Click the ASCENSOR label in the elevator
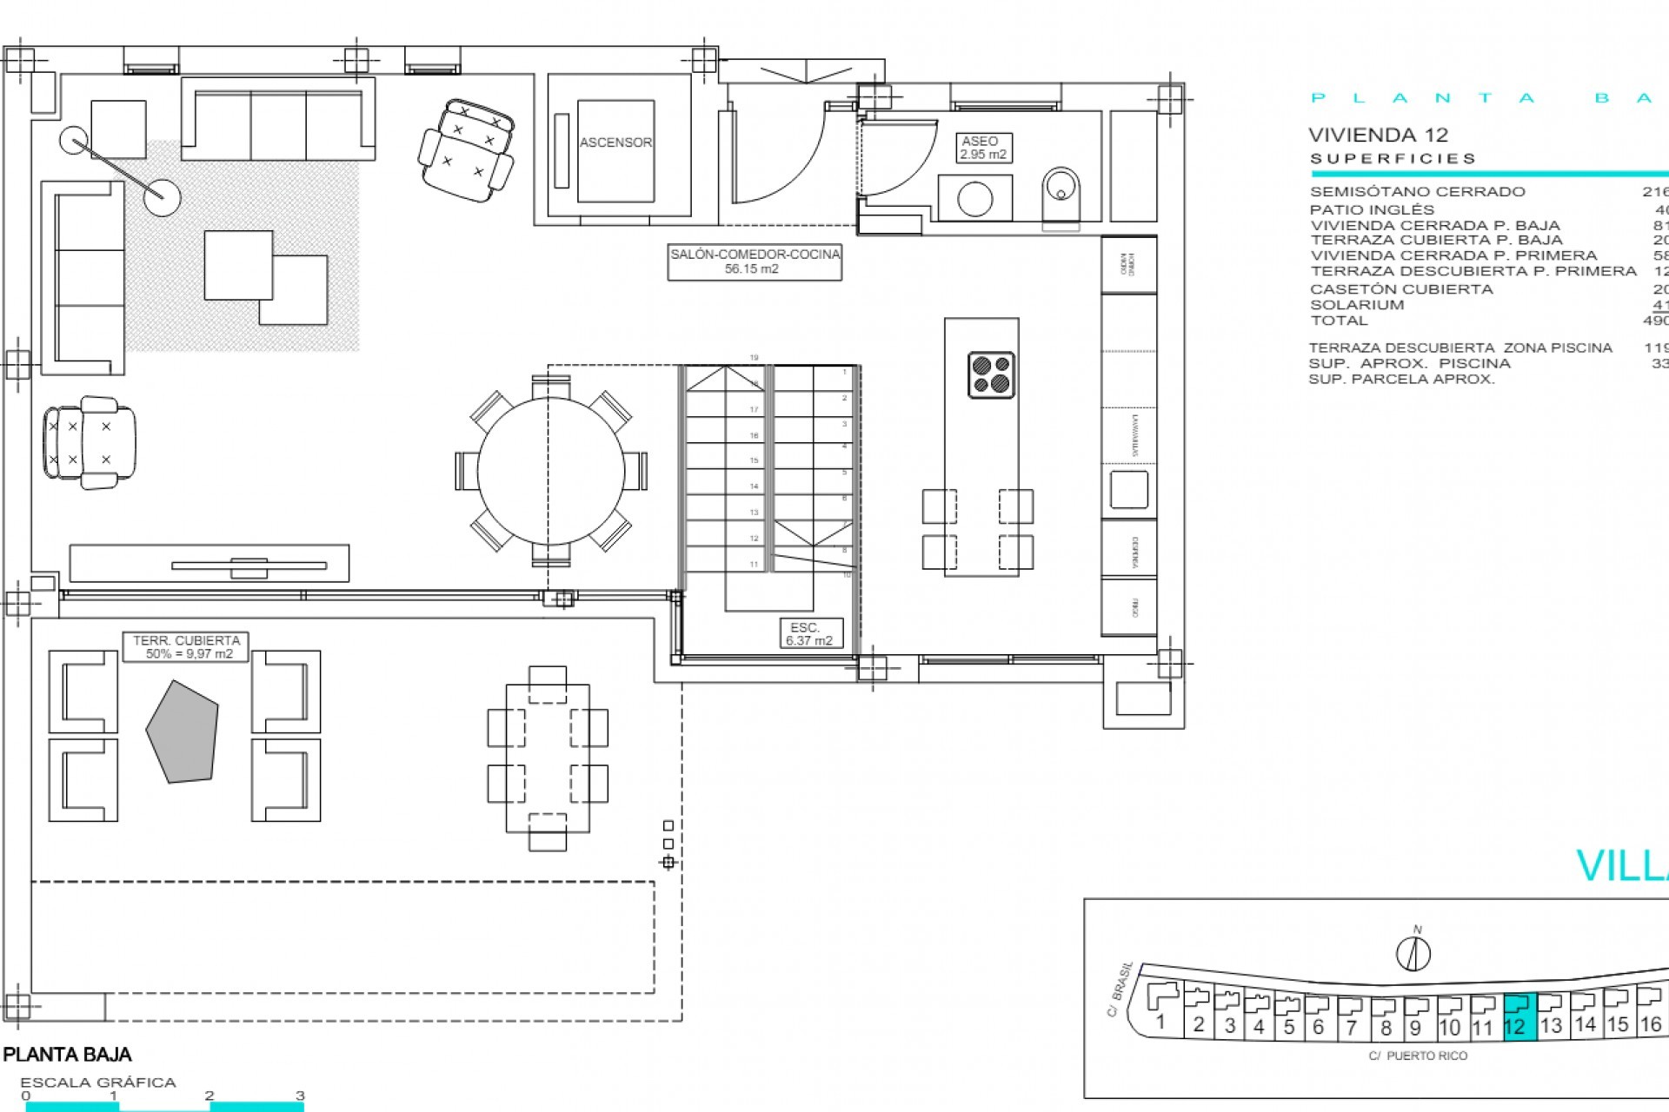coord(615,142)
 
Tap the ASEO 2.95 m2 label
coord(982,148)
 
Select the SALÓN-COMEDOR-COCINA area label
coord(755,261)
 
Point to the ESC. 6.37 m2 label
coord(808,634)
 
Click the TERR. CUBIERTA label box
coord(186,647)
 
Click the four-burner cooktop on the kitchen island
coord(991,374)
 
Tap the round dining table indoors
coord(551,471)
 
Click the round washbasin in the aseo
coord(974,199)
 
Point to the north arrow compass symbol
coord(1413,952)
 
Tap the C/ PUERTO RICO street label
coord(1417,1056)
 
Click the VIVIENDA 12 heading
coord(1378,135)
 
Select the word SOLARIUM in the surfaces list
coord(1357,305)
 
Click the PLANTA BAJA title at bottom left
coord(68,1055)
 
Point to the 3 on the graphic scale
coord(300,1095)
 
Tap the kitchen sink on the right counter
coord(1128,490)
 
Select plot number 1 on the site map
coord(1160,1022)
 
